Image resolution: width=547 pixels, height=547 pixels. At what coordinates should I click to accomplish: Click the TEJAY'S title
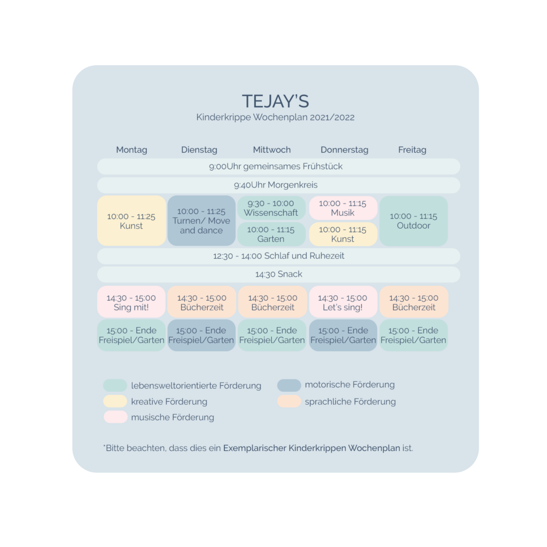coord(275,101)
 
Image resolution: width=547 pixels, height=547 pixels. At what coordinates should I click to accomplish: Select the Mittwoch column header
coord(272,150)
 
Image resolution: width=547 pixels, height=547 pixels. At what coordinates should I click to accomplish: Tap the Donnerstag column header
coord(344,150)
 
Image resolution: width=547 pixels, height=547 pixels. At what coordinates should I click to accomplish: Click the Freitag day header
coord(412,150)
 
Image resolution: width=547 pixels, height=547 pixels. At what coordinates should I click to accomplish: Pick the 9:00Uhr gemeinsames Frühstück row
coord(278,167)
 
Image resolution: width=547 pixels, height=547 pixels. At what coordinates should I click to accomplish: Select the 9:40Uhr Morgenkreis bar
coord(278,185)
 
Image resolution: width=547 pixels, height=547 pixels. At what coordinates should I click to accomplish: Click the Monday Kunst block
coord(131,221)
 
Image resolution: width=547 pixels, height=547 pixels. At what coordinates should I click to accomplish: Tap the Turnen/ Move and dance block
coord(201,221)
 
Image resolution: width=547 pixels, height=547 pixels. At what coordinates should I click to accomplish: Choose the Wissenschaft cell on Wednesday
coord(271,208)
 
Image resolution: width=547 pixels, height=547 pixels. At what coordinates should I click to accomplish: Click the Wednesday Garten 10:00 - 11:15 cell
coord(271,234)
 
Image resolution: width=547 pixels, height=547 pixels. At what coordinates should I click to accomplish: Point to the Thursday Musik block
coord(343,208)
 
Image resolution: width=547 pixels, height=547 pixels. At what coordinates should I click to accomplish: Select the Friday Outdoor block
coord(413,221)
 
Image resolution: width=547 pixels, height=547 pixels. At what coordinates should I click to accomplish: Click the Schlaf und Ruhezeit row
coord(278,256)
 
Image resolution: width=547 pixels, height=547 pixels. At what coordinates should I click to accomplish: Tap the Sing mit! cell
coord(131,302)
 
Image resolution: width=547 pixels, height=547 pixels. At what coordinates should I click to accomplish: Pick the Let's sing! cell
coord(343,302)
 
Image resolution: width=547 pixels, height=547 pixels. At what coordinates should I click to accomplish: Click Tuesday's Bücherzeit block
coord(201,302)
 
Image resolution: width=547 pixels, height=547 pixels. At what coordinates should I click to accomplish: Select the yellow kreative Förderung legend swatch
coord(115,401)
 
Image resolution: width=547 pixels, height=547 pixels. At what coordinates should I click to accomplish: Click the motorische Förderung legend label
coord(349,385)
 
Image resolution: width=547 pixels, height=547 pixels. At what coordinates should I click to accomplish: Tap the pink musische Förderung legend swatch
coord(115,417)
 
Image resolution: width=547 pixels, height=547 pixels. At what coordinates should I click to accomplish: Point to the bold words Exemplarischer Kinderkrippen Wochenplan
coord(311,448)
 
